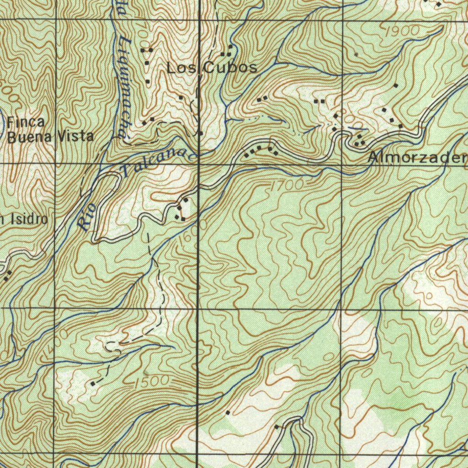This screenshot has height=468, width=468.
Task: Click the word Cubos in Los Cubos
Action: (x=230, y=68)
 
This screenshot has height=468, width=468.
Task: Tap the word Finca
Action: (x=26, y=122)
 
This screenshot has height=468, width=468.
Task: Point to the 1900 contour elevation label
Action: (x=403, y=31)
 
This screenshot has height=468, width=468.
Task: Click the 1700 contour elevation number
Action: (x=287, y=186)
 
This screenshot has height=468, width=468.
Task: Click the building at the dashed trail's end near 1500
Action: (x=93, y=383)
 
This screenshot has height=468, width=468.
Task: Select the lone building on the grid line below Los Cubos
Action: (x=200, y=133)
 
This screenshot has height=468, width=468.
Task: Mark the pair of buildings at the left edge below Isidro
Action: (x=7, y=275)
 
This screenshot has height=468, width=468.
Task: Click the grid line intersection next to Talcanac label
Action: (x=199, y=163)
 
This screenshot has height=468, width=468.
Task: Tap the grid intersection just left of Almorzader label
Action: (x=343, y=163)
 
